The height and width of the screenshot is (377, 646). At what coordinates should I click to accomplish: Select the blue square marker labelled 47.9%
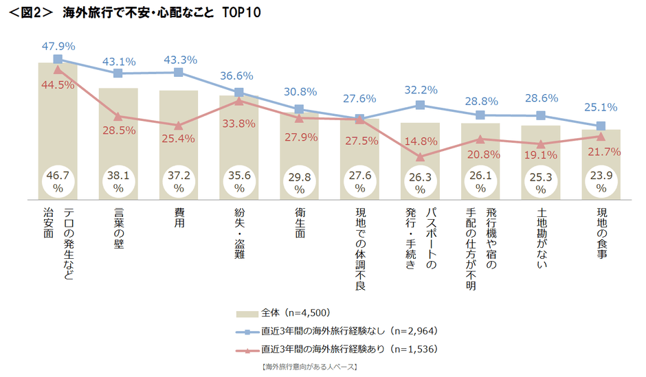(x=58, y=59)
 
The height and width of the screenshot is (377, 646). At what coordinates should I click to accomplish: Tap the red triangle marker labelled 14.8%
(x=420, y=157)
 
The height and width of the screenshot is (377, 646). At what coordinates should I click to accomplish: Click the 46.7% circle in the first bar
(x=58, y=179)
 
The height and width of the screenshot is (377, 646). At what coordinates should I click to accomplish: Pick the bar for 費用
(x=179, y=144)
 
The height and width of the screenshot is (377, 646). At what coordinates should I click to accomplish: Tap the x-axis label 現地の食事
(x=601, y=231)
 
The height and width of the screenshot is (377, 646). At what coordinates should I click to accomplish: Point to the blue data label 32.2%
(x=421, y=90)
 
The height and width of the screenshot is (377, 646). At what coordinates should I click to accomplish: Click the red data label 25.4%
(x=179, y=139)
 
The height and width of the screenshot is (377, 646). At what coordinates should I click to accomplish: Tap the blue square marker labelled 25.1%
(x=601, y=126)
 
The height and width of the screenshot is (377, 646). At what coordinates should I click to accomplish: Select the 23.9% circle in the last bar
(x=601, y=179)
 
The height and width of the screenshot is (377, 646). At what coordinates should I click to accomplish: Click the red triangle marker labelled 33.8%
(x=238, y=101)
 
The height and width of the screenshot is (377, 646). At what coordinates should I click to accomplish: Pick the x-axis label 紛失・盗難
(x=238, y=234)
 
